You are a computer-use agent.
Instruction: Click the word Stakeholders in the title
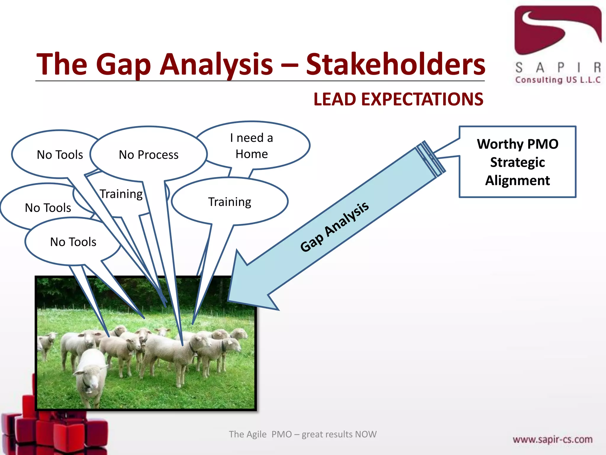pos(395,64)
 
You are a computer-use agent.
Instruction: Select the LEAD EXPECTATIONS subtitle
pos(398,99)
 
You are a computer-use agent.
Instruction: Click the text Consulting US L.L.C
pos(557,80)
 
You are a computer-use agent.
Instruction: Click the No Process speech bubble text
pos(149,155)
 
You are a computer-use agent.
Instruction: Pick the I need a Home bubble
pos(252,146)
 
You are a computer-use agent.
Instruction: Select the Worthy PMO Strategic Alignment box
pos(517,162)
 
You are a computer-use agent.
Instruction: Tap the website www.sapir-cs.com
pos(552,439)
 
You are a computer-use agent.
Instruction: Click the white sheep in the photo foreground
pos(90,375)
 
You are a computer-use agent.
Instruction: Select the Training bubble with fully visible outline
pos(230,202)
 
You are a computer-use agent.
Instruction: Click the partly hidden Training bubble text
pos(121,194)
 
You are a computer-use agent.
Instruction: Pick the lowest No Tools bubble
pos(73,242)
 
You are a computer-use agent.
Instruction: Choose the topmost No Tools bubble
pos(60,155)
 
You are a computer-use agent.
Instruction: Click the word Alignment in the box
pos(517,180)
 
